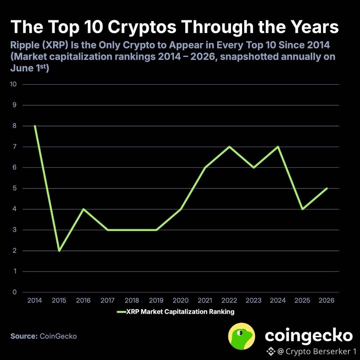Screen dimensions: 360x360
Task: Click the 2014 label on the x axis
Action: [35, 300]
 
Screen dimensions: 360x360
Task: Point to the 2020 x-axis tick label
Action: [181, 300]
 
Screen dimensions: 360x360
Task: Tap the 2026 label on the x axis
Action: [326, 300]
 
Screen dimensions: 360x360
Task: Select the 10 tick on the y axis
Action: [13, 84]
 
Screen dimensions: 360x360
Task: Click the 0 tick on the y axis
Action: [15, 292]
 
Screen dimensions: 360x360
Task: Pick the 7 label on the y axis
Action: [15, 146]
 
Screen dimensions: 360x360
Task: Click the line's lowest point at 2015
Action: [59, 251]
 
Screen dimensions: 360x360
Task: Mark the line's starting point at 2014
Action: [35, 126]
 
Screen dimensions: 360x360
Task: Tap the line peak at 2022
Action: [229, 146]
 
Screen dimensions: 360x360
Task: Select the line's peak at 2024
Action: [278, 146]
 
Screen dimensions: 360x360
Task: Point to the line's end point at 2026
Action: [327, 188]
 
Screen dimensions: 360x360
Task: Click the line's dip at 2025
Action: [302, 209]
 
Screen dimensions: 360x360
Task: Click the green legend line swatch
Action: [121, 312]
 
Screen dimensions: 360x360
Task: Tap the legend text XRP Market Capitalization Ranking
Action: [180, 312]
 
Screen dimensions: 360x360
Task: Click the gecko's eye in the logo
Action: [240, 332]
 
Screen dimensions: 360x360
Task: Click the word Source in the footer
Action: [24, 336]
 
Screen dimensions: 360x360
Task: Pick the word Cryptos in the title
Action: [142, 27]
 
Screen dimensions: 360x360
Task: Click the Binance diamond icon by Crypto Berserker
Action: [271, 351]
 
